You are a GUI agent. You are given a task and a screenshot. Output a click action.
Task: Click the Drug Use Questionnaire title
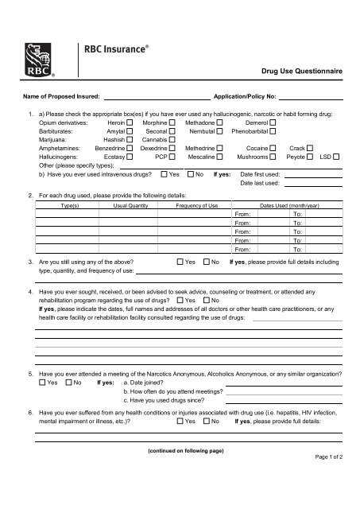304,71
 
